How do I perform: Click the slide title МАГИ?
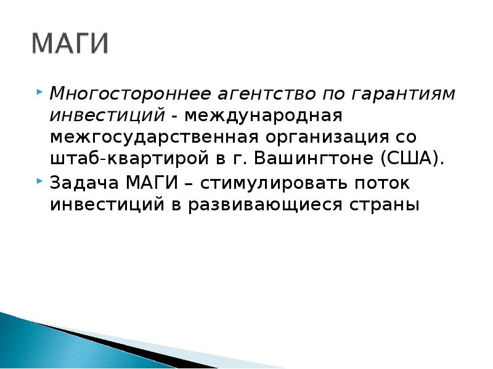[70, 43]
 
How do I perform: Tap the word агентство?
[266, 94]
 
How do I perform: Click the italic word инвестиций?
[107, 116]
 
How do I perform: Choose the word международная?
[263, 116]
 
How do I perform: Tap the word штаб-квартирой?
[129, 159]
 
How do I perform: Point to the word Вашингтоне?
[314, 158]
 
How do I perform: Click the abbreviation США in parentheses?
[409, 158]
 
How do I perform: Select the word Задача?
[84, 183]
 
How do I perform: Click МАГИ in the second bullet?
[152, 182]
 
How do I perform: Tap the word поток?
[382, 183]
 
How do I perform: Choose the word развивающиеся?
[265, 205]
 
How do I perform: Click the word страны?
[385, 205]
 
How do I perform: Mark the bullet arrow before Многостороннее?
[39, 92]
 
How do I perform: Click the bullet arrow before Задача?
[39, 181]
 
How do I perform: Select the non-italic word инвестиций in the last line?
[107, 205]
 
